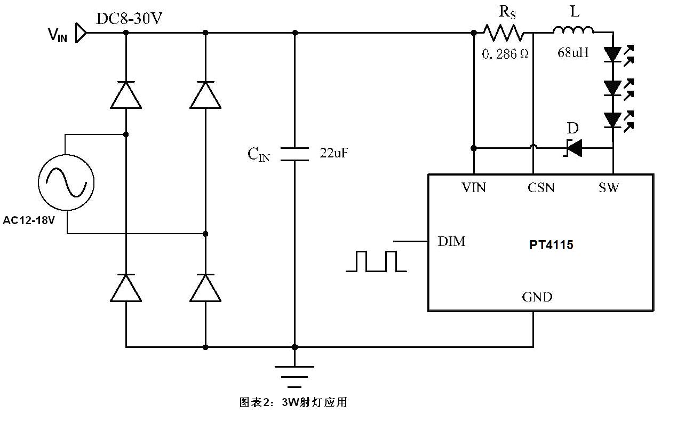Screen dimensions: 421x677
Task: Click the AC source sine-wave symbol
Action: point(66,182)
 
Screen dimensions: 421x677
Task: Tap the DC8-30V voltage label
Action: point(129,19)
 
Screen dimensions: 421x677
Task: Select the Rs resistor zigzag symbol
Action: point(503,33)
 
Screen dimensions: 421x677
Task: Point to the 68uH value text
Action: point(573,52)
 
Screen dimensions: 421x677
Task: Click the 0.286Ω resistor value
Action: point(505,54)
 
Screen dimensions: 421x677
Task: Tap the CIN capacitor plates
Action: point(294,154)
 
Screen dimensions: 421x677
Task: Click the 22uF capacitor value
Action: point(334,153)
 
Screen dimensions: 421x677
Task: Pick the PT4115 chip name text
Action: point(551,245)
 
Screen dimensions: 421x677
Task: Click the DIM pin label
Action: point(451,242)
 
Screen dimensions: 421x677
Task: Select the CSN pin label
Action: point(541,188)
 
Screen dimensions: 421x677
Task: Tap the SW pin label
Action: point(608,188)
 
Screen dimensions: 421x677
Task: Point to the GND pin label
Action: point(537,297)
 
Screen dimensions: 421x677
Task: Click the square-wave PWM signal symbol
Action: point(376,261)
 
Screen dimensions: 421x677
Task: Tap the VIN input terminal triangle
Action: point(81,33)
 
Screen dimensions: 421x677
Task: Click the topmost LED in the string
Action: point(612,54)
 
